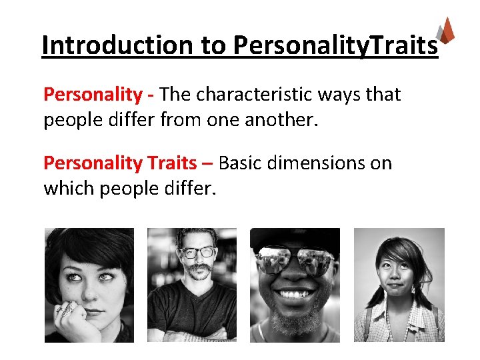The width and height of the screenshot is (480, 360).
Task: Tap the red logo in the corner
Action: click(447, 30)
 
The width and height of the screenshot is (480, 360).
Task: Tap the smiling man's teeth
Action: click(293, 293)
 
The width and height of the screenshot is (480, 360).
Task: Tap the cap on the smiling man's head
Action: click(295, 237)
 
